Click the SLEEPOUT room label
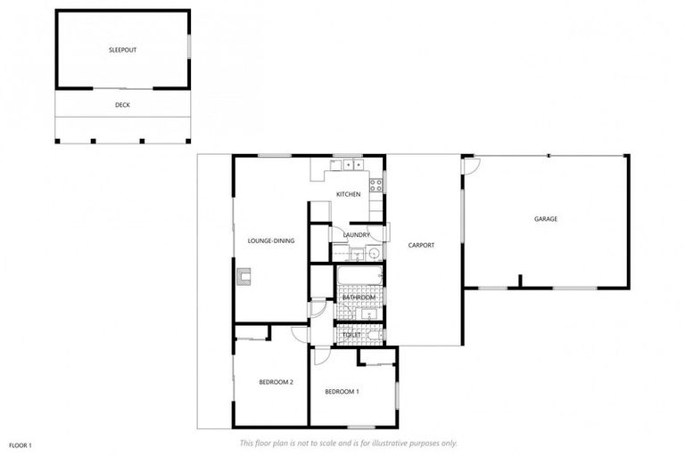123,51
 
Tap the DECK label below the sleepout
123,104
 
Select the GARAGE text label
545,218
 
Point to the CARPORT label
421,245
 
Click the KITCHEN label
348,194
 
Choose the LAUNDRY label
356,235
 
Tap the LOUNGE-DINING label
271,240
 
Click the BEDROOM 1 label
342,392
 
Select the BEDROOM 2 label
276,382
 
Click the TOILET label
351,335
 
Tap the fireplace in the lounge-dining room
244,277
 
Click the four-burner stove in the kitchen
376,187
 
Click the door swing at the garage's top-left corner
471,165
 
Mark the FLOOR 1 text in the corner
21,444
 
